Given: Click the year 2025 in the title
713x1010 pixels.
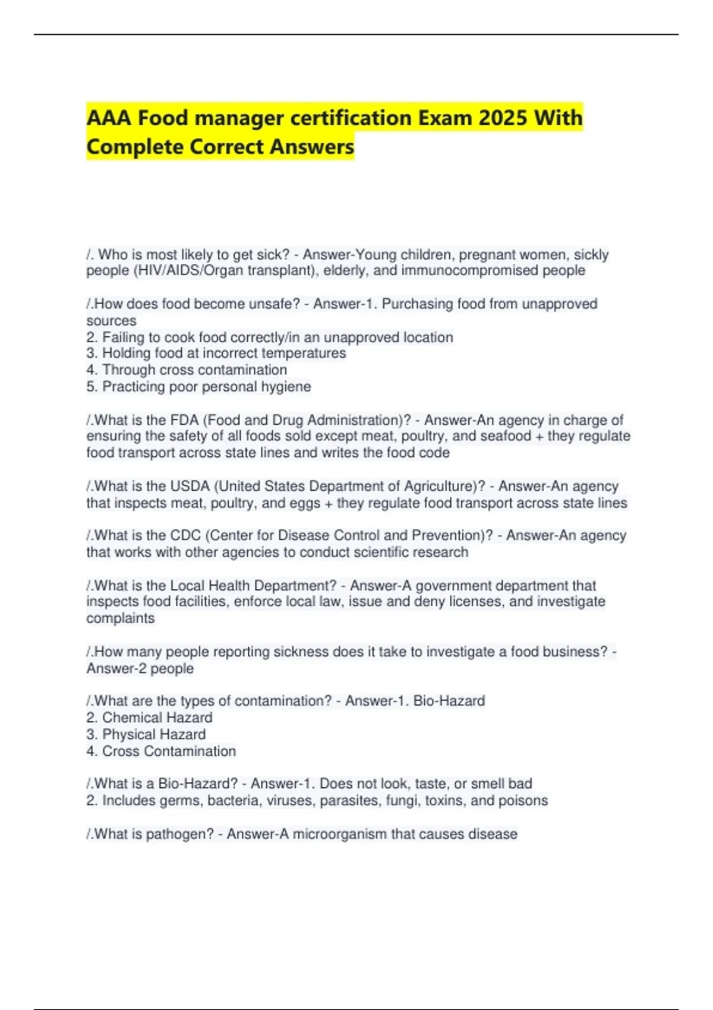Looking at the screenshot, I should pos(503,118).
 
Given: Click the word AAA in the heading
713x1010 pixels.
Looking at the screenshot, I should pos(109,118).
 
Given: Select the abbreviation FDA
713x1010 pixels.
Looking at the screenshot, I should pos(184,420).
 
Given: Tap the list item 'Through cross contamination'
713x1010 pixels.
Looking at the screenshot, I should pos(187,370).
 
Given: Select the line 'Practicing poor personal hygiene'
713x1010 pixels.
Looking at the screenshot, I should pos(198,387).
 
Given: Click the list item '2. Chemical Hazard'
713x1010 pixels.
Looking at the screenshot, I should pos(149,718).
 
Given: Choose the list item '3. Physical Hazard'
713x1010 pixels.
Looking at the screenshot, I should pos(146,734).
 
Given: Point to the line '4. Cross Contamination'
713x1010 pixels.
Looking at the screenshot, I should pos(161,751).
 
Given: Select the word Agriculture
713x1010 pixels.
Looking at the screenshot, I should pos(441,486).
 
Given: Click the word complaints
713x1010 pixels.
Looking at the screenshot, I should pos(120,618).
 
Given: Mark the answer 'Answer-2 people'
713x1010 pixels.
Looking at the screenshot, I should pos(140,668).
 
